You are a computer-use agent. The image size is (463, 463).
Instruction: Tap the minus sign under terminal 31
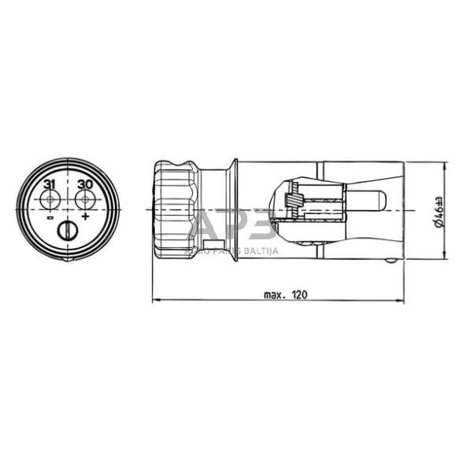pos(50,217)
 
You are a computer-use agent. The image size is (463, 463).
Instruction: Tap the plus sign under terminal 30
pos(85,217)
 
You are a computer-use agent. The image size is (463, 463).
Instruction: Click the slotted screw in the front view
pos(69,231)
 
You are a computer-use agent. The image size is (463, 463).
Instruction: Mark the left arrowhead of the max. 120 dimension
pos(154,300)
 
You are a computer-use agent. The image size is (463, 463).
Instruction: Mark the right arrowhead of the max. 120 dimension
pos(406,300)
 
